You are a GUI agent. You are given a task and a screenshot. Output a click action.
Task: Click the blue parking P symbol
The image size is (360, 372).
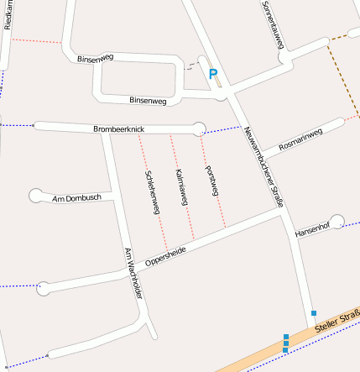(213, 75)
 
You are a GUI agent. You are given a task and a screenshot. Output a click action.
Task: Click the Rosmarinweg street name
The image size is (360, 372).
(300, 139)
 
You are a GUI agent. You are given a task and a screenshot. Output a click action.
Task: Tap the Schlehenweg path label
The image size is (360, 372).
(152, 192)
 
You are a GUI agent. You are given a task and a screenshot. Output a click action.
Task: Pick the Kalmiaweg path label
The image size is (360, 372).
(181, 187)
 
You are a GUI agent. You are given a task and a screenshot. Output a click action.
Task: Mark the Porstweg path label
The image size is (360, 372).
(211, 181)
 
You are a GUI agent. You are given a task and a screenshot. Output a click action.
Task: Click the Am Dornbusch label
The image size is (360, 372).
(76, 197)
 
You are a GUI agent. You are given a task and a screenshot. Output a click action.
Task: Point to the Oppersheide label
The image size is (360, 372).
(165, 255)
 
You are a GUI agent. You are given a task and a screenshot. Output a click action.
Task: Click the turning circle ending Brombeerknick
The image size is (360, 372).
(199, 128)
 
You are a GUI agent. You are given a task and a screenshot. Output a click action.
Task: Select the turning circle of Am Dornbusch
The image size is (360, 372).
(36, 196)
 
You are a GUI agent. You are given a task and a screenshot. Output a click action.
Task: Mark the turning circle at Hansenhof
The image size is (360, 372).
(337, 222)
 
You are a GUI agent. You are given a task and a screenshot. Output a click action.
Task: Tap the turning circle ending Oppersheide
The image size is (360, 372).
(44, 287)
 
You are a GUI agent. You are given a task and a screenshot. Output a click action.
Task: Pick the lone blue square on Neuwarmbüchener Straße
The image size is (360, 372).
(314, 312)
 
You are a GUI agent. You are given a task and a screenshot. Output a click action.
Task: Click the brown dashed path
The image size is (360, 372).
(343, 71)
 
